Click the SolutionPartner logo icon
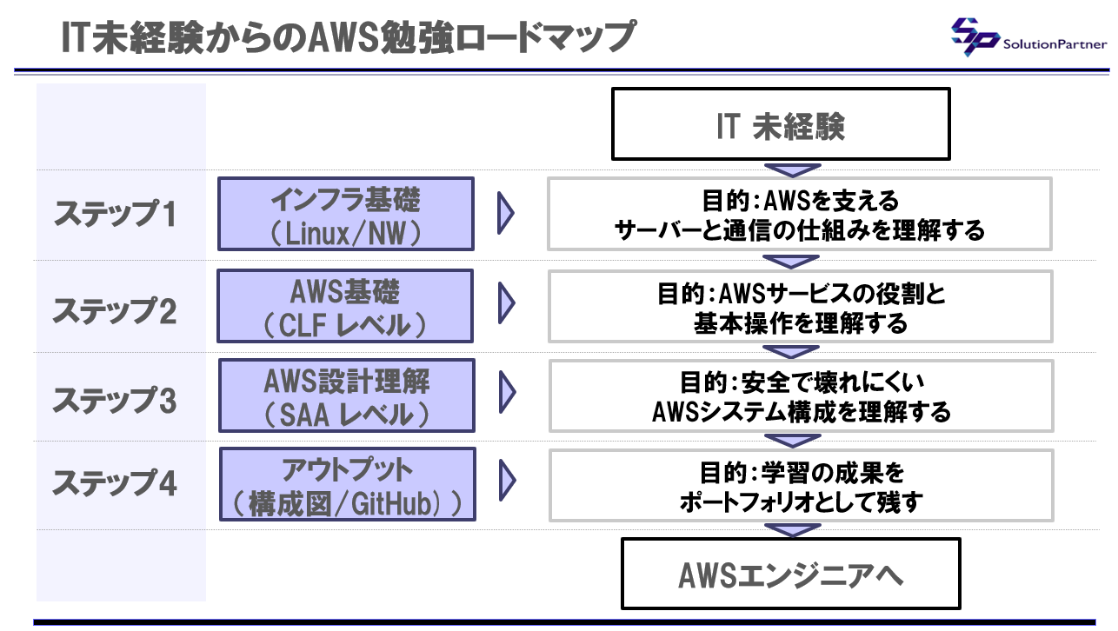975,37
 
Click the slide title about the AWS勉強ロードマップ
349,37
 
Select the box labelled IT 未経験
781,124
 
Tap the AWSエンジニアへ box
791,574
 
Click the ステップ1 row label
115,214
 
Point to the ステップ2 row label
115,311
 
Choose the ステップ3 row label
115,400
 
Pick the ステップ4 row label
115,483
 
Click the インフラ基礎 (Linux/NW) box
346,214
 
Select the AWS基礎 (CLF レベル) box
345,306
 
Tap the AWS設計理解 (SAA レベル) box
347,395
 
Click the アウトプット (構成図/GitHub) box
348,484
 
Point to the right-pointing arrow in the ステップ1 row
505,214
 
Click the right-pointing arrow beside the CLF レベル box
506,303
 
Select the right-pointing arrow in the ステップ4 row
507,481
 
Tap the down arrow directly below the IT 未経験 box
793,170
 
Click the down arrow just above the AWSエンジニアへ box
793,530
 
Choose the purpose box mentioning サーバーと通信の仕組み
800,214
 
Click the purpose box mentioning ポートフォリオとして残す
801,486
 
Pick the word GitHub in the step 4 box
391,504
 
